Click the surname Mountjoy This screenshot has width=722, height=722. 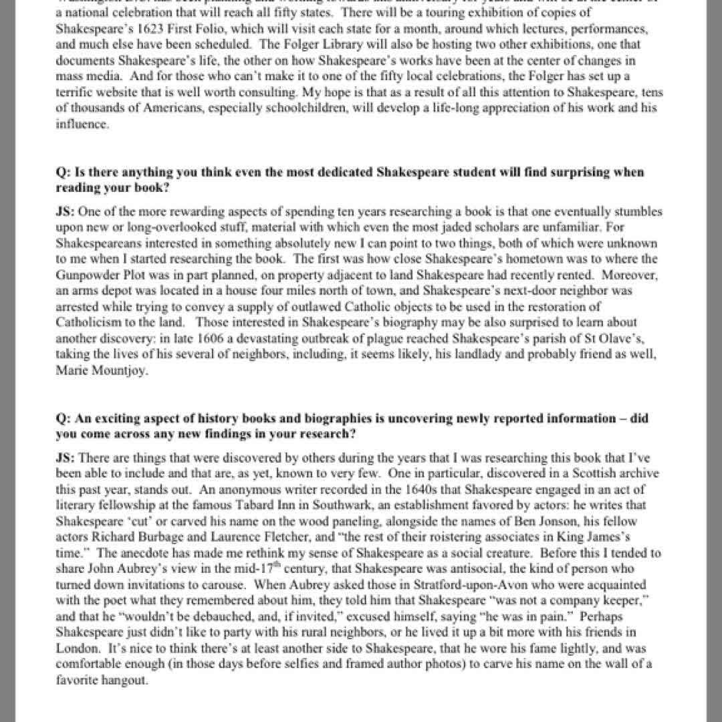click(116, 371)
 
